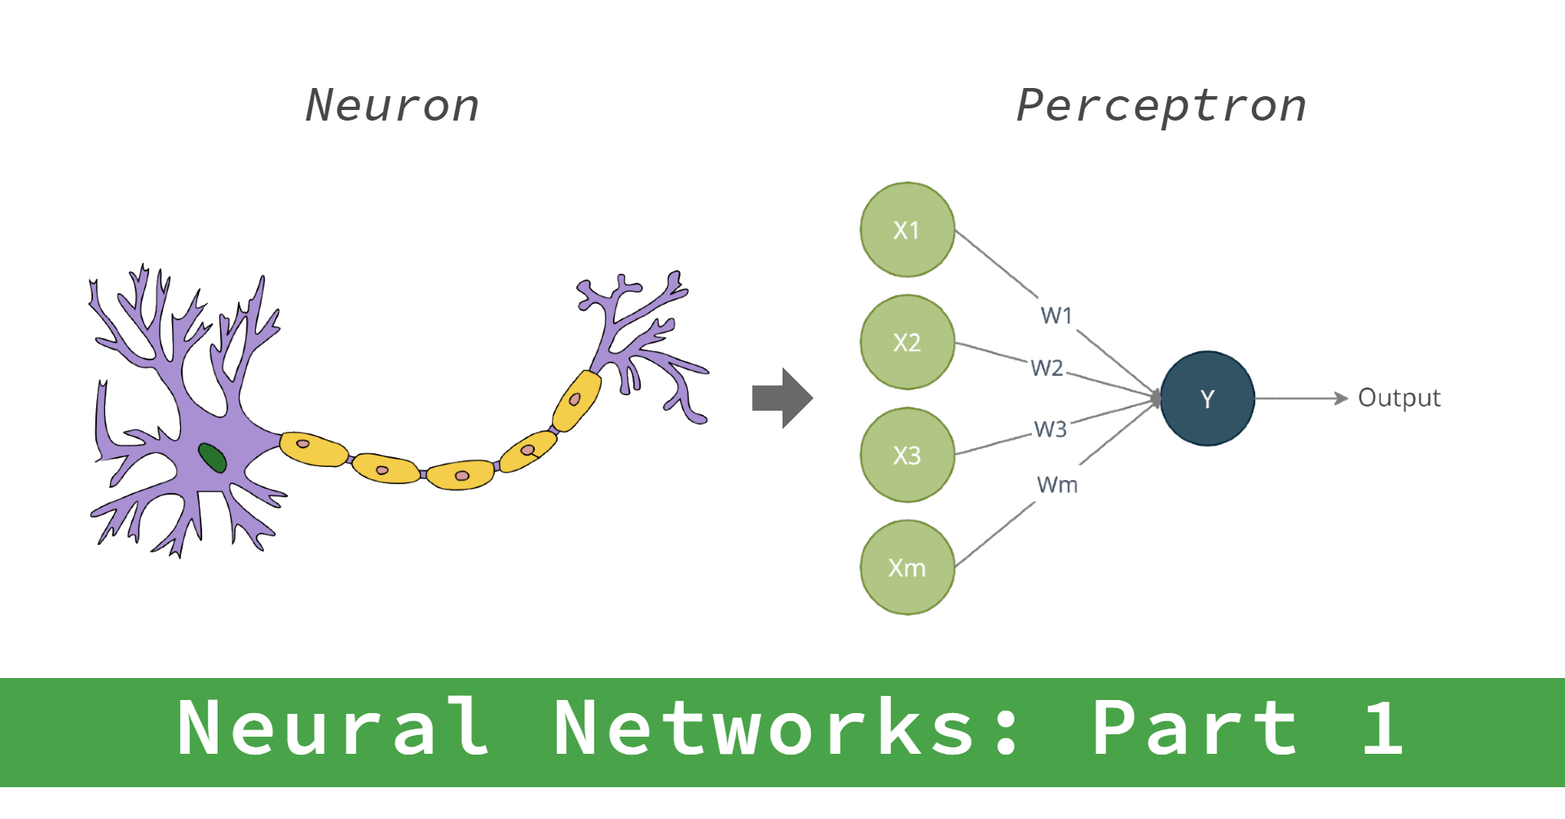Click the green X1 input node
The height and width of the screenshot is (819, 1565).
[907, 230]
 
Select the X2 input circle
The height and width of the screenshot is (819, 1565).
[907, 342]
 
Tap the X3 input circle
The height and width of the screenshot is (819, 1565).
[907, 455]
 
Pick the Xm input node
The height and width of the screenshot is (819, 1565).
[907, 567]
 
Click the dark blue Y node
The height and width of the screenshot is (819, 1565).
[1207, 398]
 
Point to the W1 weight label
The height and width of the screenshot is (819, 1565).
[1056, 315]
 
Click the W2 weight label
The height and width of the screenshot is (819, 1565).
[1047, 368]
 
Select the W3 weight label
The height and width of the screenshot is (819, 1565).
[1050, 429]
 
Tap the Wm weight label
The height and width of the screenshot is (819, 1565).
[1057, 485]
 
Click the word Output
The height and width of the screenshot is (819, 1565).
[1399, 398]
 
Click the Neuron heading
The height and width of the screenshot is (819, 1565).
[392, 106]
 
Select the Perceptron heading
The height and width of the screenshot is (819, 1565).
[1161, 106]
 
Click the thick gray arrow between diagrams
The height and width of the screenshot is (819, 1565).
[782, 398]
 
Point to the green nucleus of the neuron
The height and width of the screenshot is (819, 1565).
[212, 458]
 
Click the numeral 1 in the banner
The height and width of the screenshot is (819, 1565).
[1382, 728]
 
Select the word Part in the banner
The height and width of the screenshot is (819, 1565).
[1194, 728]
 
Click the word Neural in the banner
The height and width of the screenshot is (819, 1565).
[333, 728]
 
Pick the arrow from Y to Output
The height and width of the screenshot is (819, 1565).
[1301, 398]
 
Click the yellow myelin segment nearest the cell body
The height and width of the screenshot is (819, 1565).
[313, 449]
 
